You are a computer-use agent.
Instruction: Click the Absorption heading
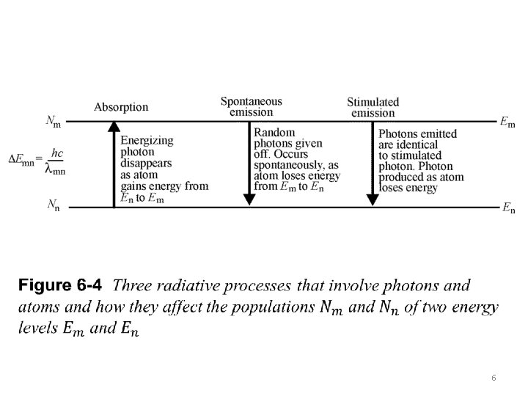pos(121,107)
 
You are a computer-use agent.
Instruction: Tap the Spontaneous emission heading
pos(251,106)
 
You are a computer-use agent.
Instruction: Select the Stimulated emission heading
pos(373,107)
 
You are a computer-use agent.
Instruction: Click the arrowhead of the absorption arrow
pos(114,126)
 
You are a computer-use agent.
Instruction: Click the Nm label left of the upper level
pos(54,122)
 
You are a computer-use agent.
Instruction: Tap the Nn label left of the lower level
pos(54,205)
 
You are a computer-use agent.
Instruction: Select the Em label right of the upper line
pos(507,122)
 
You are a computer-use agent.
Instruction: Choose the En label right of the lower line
pos(507,209)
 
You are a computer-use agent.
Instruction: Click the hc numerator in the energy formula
pos(57,153)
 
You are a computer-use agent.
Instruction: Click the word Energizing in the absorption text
pos(147,141)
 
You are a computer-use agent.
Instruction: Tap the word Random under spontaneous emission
pos(274,133)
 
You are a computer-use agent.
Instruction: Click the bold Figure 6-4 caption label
pos(62,284)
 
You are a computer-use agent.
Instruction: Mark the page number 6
pos(494,377)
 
